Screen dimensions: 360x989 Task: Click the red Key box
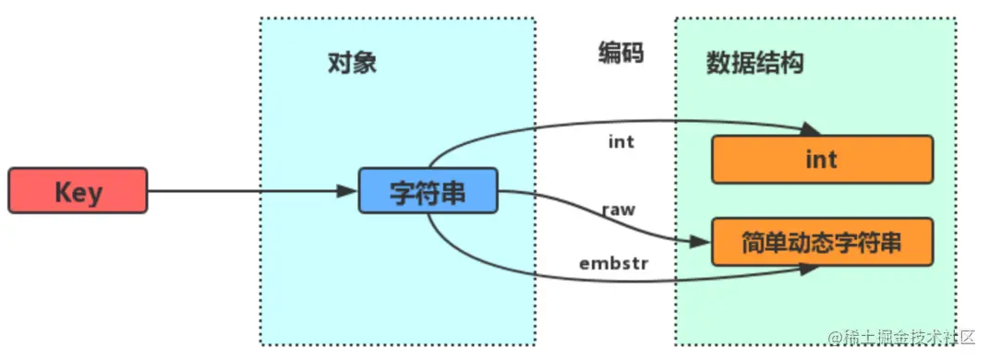pyautogui.click(x=78, y=191)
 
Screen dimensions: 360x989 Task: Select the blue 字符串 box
pyautogui.click(x=428, y=192)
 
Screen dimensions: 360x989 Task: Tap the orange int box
pyautogui.click(x=822, y=160)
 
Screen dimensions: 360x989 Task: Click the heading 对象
pyautogui.click(x=353, y=63)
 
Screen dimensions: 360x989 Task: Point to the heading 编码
pyautogui.click(x=620, y=54)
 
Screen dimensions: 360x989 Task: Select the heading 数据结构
pyautogui.click(x=754, y=63)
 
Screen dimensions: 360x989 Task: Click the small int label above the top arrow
pyautogui.click(x=621, y=142)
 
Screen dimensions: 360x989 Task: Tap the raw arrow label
pyautogui.click(x=618, y=210)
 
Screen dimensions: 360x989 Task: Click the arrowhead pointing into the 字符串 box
pyautogui.click(x=348, y=192)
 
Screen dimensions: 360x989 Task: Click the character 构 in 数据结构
pyautogui.click(x=791, y=63)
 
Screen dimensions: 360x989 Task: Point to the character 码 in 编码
pyautogui.click(x=633, y=54)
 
